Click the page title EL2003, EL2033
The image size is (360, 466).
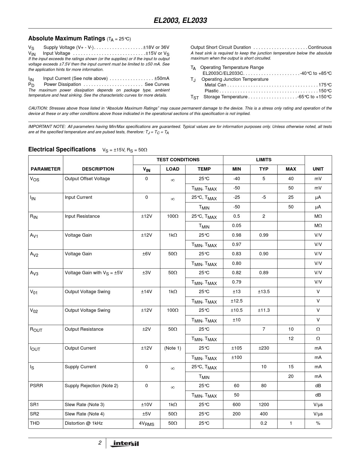tap(180, 21)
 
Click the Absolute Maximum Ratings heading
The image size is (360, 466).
tap(67, 38)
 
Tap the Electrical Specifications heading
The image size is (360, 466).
tap(62, 149)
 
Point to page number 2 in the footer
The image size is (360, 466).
tap(100, 443)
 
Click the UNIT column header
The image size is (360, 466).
tap(318, 169)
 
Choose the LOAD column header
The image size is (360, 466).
tap(173, 169)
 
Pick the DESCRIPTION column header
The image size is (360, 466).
tap(98, 169)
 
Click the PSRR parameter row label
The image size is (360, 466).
tap(36, 386)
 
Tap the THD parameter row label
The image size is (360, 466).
tap(35, 423)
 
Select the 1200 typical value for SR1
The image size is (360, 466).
tap(263, 404)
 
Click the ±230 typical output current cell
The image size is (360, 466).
tap(263, 348)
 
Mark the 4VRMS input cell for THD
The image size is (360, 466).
tap(146, 423)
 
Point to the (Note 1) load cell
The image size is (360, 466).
tap(173, 348)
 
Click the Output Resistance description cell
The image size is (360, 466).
tap(84, 329)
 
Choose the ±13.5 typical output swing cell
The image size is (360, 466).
tap(263, 291)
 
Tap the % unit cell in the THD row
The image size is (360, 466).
tap(318, 423)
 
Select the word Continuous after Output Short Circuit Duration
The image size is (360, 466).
tap(320, 47)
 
